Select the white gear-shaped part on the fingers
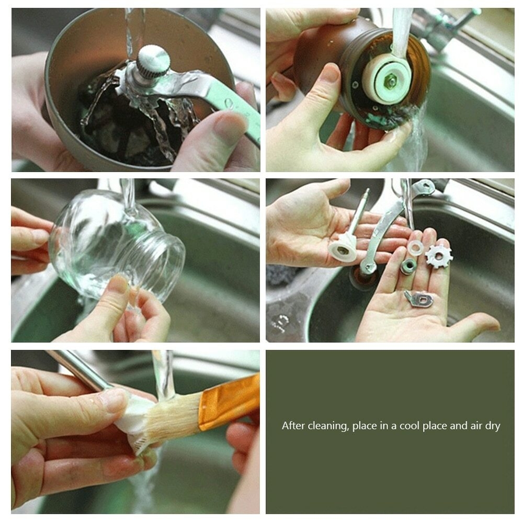click(x=439, y=256)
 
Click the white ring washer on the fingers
click(x=416, y=247)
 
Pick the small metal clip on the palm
click(x=419, y=299)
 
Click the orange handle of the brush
click(x=229, y=402)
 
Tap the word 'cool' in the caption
click(x=410, y=426)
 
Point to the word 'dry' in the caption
click(x=491, y=426)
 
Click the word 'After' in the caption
click(x=293, y=426)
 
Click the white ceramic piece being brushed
click(x=133, y=417)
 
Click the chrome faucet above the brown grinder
click(x=447, y=24)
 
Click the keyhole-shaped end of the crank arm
click(x=424, y=187)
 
